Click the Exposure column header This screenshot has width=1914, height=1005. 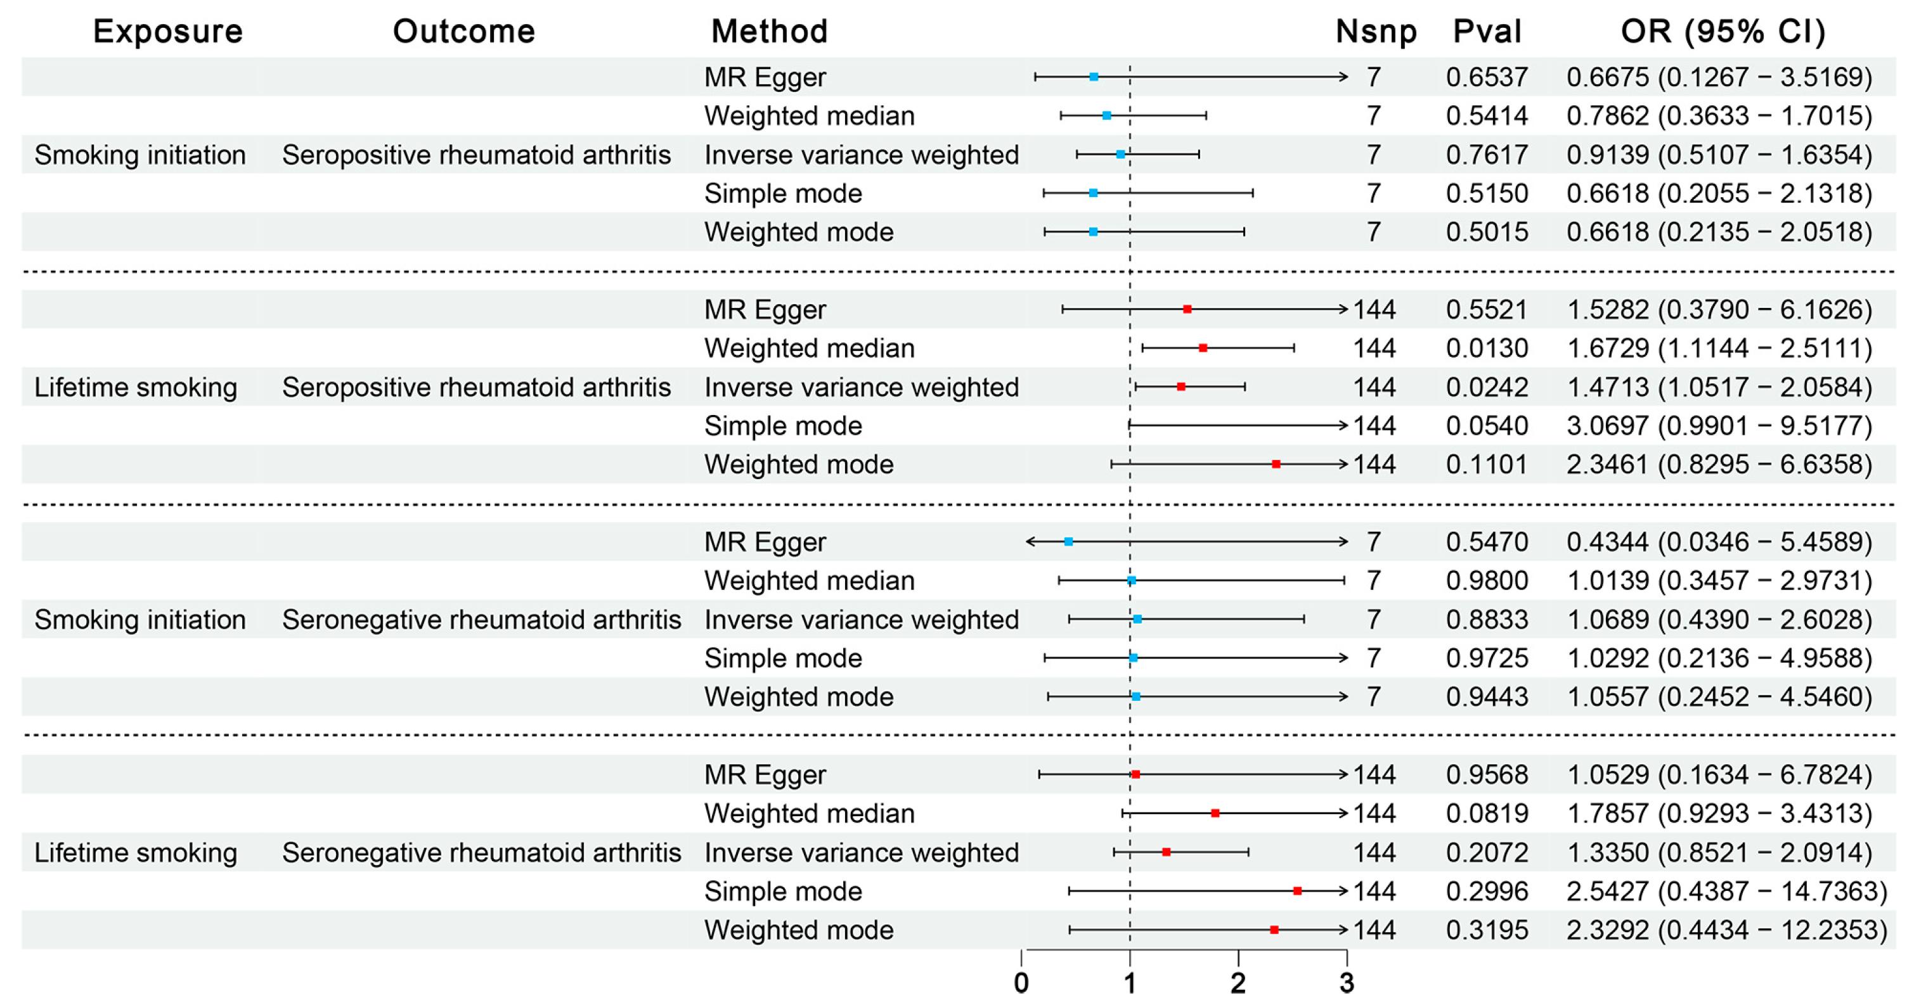(167, 31)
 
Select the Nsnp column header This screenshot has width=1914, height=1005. (1375, 31)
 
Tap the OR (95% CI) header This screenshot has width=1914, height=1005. (1723, 31)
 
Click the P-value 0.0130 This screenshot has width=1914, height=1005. (1486, 349)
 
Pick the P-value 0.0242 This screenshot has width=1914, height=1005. (1486, 387)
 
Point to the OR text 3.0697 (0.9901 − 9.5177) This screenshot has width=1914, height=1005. (1719, 426)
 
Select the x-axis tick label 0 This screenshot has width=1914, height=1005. (1021, 983)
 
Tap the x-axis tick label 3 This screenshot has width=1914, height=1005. (1347, 983)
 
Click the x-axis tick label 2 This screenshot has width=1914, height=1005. (1238, 983)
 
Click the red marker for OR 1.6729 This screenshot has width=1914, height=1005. (1203, 348)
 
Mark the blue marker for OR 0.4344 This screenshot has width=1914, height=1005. (1068, 542)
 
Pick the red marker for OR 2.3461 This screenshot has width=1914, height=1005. (1276, 464)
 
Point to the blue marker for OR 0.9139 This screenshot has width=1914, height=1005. (1120, 155)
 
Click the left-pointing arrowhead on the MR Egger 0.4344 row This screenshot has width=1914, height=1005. (1029, 542)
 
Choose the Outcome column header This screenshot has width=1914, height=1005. (463, 31)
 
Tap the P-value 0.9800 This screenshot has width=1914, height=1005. (1486, 581)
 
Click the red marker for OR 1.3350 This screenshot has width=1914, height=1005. (1167, 852)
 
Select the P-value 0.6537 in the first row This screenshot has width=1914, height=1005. (1486, 77)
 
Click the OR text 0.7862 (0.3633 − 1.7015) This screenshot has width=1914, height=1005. (1719, 116)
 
